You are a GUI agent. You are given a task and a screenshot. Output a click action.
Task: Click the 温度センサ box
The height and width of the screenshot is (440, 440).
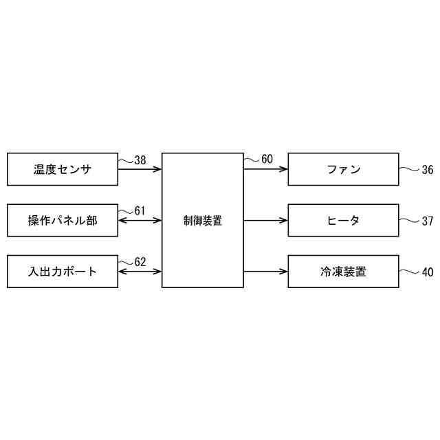[62, 169]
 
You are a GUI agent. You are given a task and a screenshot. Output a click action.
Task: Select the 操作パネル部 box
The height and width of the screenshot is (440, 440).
[62, 221]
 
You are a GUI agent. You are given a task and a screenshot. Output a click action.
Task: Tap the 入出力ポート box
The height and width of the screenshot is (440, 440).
[62, 272]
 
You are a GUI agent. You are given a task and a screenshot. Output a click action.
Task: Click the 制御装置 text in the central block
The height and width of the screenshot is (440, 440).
[203, 221]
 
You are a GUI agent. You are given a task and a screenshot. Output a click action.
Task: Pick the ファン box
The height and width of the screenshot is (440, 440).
[343, 169]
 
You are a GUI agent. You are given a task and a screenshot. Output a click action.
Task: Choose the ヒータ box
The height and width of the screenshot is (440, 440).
[343, 221]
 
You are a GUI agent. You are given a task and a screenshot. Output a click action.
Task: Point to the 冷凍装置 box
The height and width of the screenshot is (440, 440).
[343, 272]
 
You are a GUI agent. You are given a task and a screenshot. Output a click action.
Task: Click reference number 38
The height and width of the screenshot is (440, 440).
[140, 160]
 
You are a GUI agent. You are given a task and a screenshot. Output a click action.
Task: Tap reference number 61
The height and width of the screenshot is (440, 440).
[140, 210]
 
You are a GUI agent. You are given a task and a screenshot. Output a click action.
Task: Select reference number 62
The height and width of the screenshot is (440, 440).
[140, 261]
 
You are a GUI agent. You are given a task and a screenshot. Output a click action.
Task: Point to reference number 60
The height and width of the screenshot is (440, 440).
[267, 159]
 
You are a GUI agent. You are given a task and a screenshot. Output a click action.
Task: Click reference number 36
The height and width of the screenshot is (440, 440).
[427, 169]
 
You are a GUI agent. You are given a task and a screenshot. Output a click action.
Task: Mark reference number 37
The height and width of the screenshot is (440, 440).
[427, 221]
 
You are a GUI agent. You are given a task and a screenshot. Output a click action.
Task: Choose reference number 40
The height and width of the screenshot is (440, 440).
[427, 272]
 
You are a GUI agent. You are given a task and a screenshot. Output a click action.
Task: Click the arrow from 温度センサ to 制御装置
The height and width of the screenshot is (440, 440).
[140, 169]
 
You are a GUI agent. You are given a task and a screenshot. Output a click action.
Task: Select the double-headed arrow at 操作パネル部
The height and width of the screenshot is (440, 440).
[140, 221]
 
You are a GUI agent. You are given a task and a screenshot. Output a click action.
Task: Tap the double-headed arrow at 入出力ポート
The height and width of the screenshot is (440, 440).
[140, 272]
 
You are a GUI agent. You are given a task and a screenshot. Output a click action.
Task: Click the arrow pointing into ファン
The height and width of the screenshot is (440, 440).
[266, 169]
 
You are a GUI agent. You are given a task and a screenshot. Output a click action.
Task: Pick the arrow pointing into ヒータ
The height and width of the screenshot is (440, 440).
[266, 221]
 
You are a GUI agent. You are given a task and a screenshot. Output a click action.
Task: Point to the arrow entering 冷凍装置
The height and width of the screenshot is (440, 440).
[266, 272]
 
